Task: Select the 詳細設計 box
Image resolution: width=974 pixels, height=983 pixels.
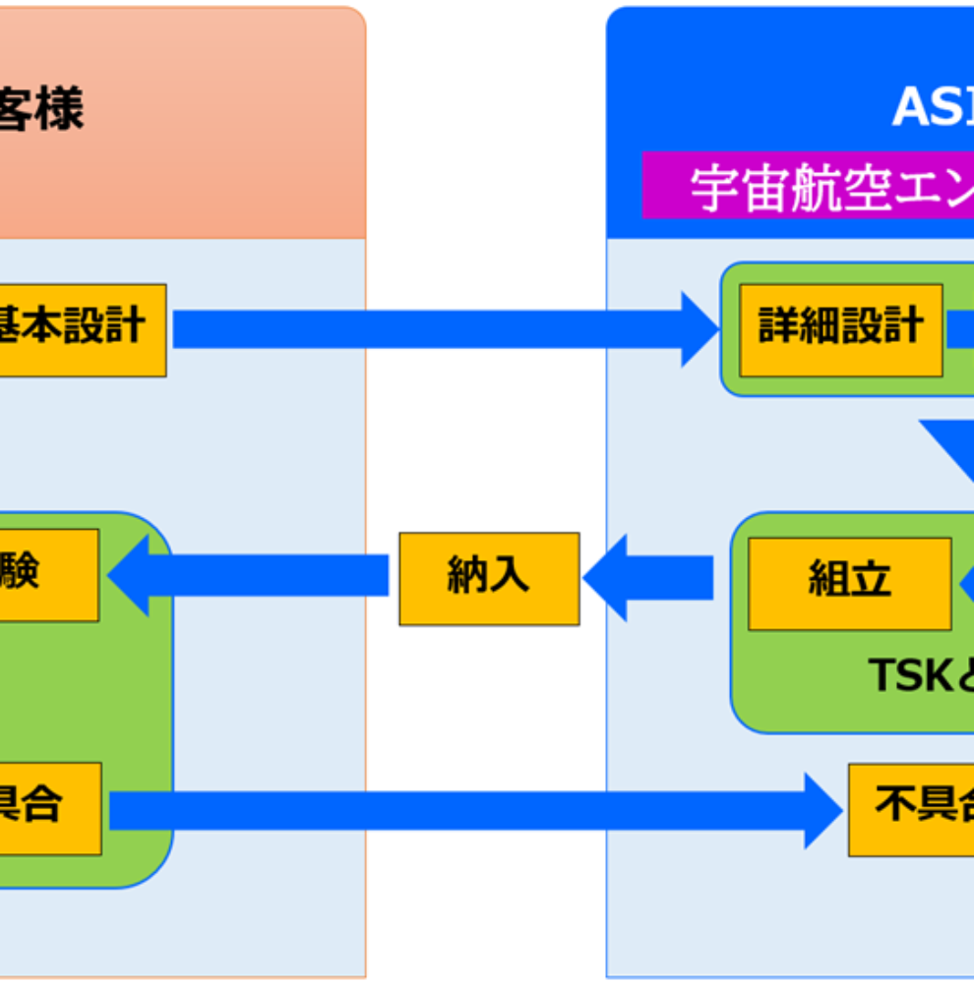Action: [840, 330]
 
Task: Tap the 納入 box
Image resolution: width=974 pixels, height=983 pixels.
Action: [488, 578]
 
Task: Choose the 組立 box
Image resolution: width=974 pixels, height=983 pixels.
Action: [849, 583]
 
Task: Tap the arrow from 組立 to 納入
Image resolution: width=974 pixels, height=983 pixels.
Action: [649, 578]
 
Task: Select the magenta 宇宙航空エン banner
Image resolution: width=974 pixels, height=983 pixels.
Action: [807, 187]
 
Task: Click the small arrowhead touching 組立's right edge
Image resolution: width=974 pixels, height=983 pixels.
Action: [965, 582]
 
